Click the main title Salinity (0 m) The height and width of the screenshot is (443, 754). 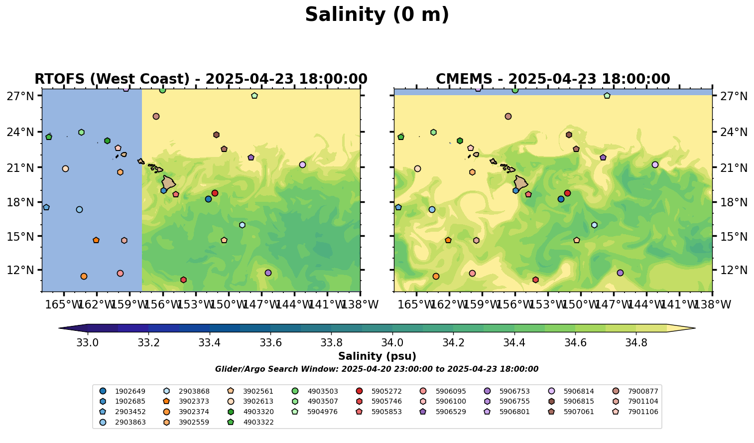(x=377, y=15)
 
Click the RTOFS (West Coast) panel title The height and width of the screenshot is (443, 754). (x=201, y=79)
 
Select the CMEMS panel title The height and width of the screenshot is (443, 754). (x=553, y=79)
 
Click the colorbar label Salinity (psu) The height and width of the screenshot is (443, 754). (x=377, y=356)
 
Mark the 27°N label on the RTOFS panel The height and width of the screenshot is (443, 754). (x=20, y=96)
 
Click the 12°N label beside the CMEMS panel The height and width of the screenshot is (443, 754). (x=732, y=270)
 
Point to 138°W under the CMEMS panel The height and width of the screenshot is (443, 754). (x=712, y=304)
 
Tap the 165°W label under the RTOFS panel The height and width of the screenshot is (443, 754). (x=64, y=304)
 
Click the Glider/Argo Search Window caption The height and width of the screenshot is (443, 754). (x=377, y=369)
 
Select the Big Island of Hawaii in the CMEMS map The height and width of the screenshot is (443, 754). (x=521, y=183)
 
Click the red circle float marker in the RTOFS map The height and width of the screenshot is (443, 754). (x=215, y=193)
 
